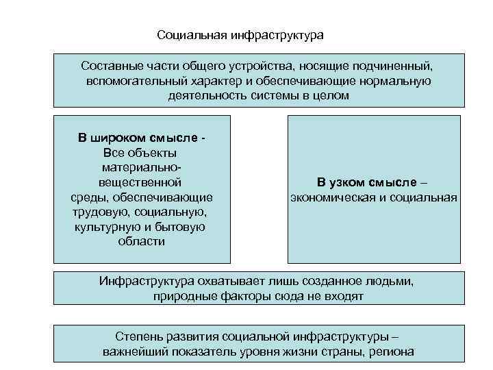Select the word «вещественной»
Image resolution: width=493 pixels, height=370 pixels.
(140, 182)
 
